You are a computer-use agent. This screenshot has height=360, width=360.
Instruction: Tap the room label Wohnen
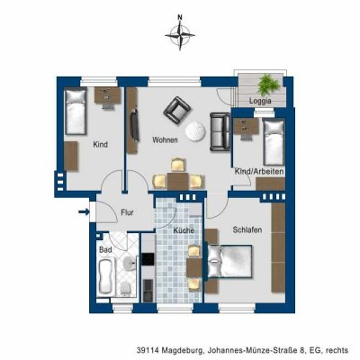click(165, 140)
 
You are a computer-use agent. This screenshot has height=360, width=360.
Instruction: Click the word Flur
click(127, 212)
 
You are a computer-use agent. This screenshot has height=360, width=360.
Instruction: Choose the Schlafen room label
click(246, 230)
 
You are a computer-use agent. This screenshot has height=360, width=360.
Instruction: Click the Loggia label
click(261, 101)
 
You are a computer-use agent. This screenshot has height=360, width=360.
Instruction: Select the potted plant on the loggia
click(271, 82)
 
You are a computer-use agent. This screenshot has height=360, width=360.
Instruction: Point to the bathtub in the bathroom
click(104, 275)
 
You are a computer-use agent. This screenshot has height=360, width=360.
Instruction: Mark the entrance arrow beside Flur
click(84, 212)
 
